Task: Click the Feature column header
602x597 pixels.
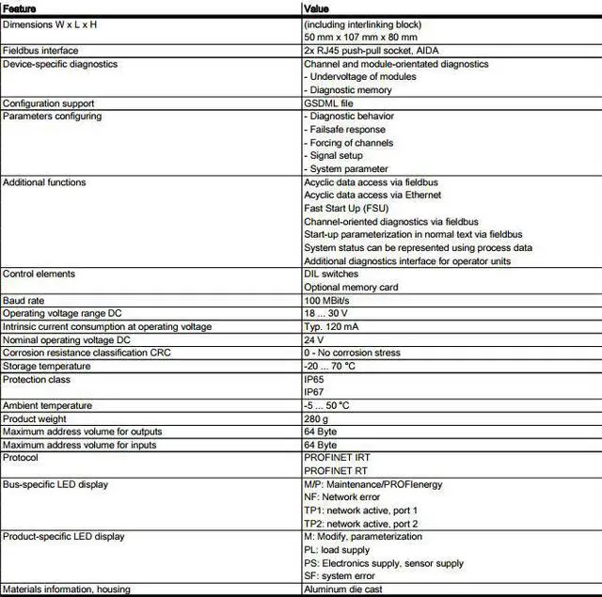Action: [x=20, y=8]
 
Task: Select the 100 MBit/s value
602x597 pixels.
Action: [x=327, y=300]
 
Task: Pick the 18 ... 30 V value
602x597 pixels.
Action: [x=325, y=313]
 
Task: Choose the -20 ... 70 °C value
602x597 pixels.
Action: [x=329, y=366]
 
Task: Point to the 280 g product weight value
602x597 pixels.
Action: [x=316, y=418]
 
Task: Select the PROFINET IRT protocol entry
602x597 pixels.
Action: [x=338, y=458]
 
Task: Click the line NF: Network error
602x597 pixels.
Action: [x=341, y=497]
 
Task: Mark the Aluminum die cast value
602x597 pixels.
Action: [x=343, y=589]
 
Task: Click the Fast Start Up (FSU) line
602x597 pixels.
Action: [x=346, y=208]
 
